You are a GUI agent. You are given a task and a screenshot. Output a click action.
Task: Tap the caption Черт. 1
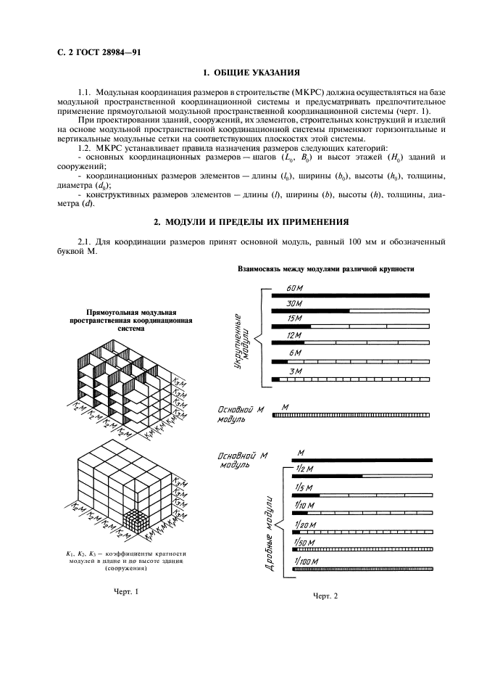click(125, 591)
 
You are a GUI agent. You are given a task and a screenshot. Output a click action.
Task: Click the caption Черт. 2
click(325, 596)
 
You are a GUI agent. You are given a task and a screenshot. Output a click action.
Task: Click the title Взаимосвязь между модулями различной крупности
click(325, 269)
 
